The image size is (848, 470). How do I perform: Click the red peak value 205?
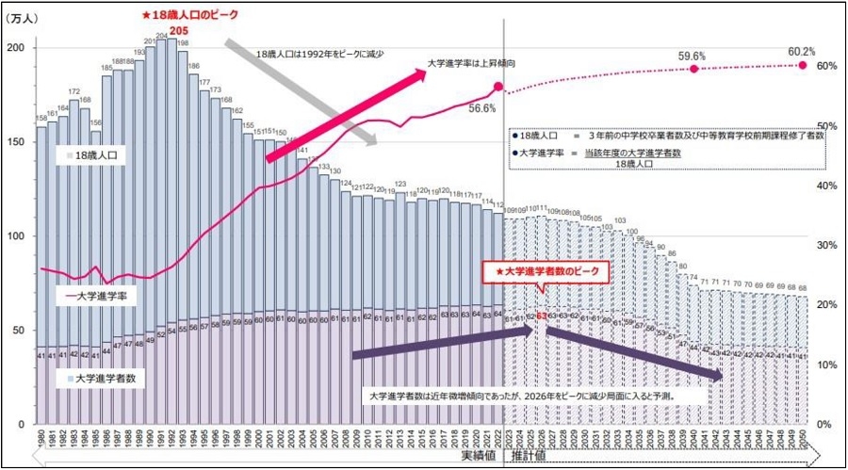point(174,29)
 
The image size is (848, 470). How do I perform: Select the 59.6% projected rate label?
point(693,57)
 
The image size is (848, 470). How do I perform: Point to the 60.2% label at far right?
point(802,52)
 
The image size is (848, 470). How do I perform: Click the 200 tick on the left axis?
point(14,47)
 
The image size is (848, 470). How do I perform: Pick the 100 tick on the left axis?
point(14,235)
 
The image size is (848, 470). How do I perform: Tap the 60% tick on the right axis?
point(828,66)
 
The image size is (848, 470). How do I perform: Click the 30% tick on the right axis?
point(828,245)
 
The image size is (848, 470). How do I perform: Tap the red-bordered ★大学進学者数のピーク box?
point(546,271)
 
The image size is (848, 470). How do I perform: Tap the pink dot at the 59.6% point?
point(694,69)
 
